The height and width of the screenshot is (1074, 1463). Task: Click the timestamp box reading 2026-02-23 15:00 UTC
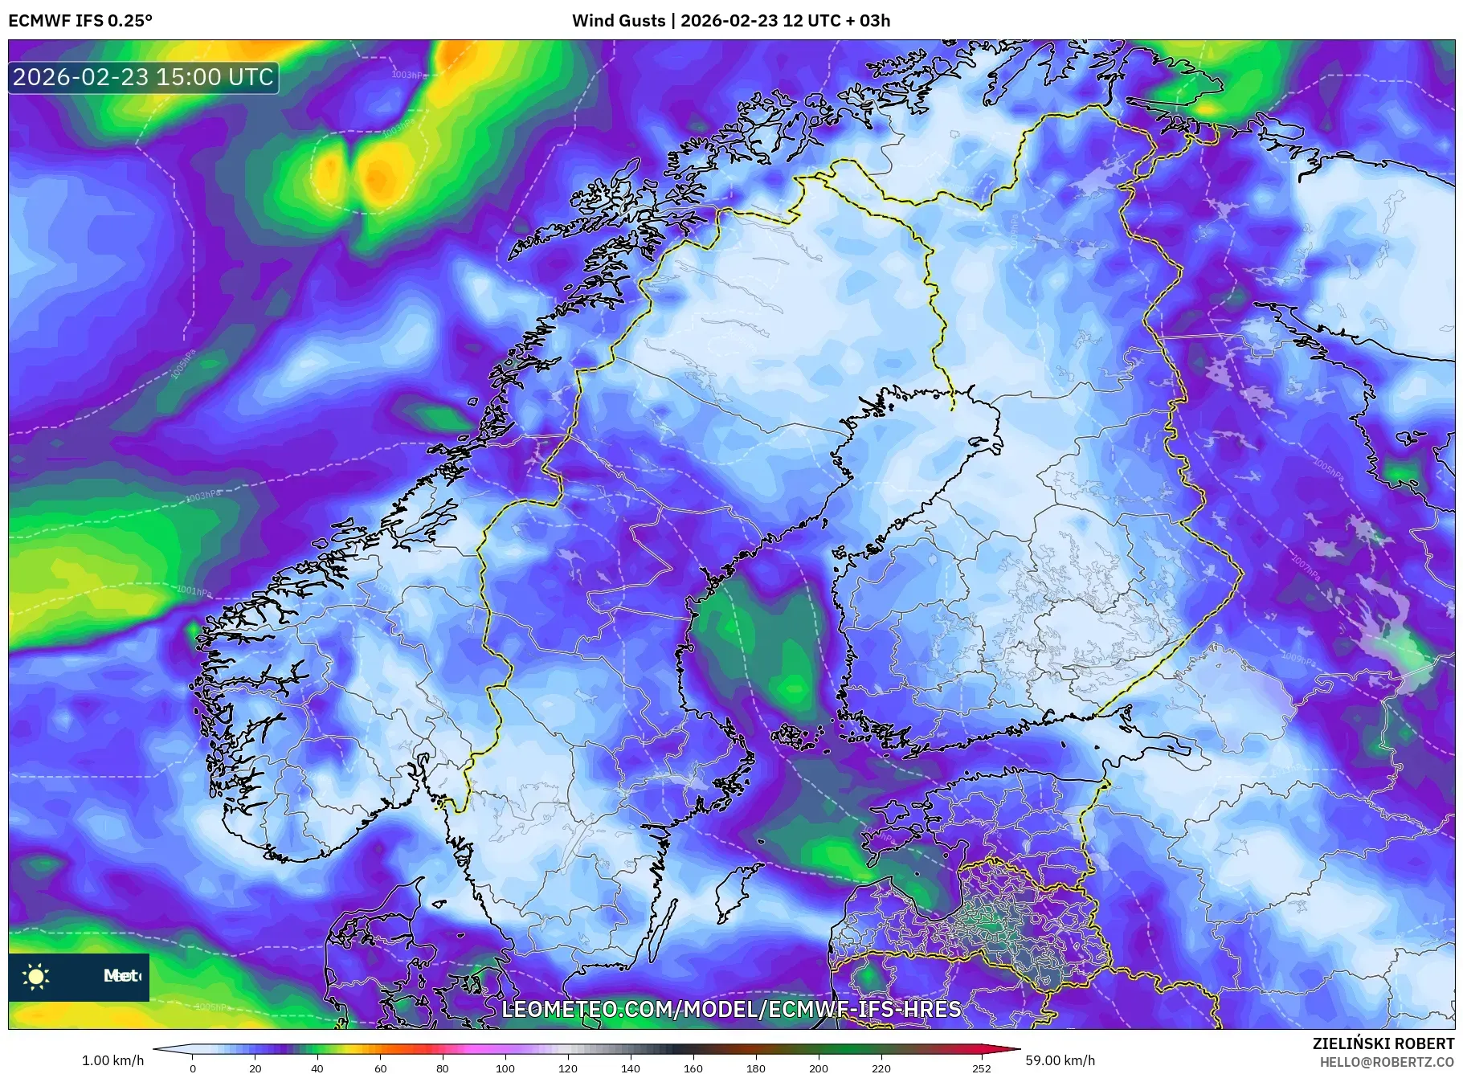tap(143, 77)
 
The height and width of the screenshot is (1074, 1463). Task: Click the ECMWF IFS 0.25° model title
tap(80, 21)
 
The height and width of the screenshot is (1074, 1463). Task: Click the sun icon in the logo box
tap(36, 976)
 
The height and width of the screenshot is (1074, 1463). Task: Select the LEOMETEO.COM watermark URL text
tap(731, 1009)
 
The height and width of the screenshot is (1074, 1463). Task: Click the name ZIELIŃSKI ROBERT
tap(1383, 1043)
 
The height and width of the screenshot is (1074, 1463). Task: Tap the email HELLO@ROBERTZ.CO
tap(1387, 1062)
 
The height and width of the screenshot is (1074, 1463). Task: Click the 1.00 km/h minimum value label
tap(112, 1060)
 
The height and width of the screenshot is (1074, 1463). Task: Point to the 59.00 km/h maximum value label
tap(1060, 1060)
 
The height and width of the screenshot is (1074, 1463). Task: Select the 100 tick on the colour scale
tap(505, 1068)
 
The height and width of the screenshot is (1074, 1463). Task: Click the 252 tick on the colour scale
tap(981, 1068)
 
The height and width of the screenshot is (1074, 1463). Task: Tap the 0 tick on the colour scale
tap(193, 1068)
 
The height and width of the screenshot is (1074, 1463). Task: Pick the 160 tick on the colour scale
tap(693, 1068)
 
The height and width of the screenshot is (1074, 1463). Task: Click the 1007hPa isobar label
tap(1306, 566)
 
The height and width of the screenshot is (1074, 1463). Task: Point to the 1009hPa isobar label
tap(1297, 659)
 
